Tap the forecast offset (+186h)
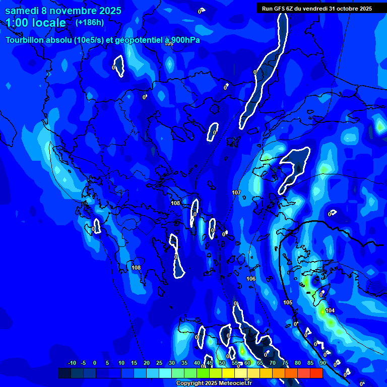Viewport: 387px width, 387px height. [90, 23]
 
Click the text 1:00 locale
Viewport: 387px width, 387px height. [36, 23]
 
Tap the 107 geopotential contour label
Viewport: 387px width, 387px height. [236, 193]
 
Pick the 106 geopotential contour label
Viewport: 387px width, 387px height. [251, 279]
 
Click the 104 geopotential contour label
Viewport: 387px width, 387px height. [330, 310]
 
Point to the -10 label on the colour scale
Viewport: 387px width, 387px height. [72, 363]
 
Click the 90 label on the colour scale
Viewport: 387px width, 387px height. [322, 363]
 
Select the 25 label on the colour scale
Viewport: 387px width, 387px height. [159, 363]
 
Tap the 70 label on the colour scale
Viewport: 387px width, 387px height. [272, 363]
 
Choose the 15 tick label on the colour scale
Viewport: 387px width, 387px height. [134, 363]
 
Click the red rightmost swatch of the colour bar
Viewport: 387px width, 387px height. [316, 373]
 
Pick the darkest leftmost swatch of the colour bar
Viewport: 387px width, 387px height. [64, 373]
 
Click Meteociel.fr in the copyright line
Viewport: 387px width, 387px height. [234, 383]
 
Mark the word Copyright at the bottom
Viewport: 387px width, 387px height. [190, 383]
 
